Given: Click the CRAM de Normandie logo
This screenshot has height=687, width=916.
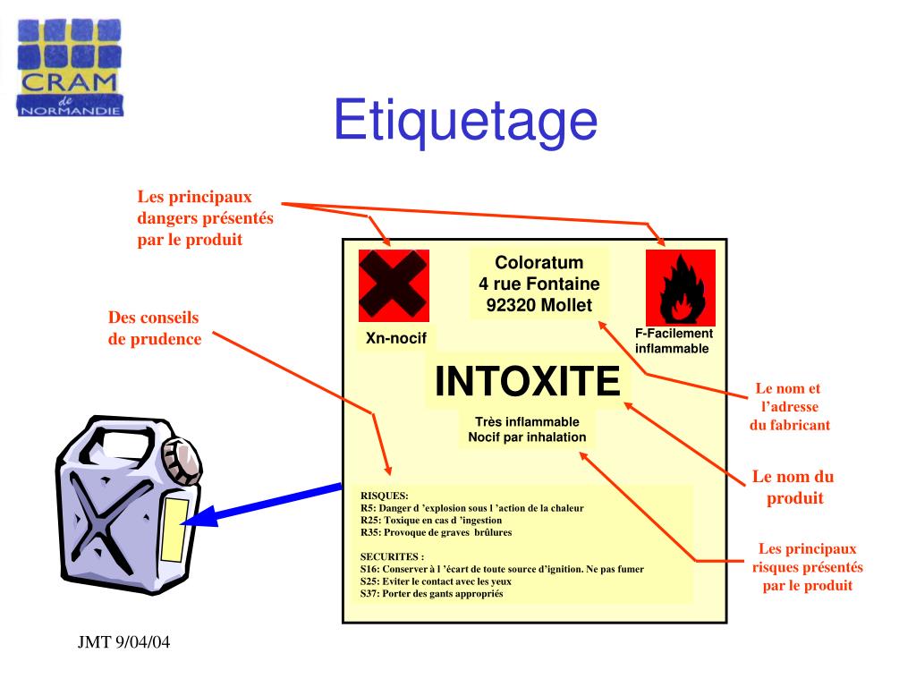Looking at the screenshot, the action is click(x=70, y=67).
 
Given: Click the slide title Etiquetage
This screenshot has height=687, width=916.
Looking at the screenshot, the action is click(x=465, y=121).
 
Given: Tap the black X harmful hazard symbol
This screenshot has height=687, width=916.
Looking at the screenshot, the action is click(x=394, y=285).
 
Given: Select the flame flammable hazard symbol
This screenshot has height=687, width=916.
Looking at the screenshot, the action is click(x=681, y=287).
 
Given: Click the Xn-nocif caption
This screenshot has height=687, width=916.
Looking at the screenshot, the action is click(x=396, y=338).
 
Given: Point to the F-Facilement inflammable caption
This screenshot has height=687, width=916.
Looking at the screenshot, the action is click(x=674, y=341).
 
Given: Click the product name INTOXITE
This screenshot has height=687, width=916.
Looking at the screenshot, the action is click(x=527, y=381).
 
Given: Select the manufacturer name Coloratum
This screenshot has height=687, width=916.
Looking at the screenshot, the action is click(x=539, y=262).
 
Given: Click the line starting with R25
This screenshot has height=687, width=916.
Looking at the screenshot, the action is click(x=431, y=520).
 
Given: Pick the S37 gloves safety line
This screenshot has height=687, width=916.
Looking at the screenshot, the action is click(x=432, y=594).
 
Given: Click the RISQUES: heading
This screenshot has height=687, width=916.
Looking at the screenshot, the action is click(x=385, y=496).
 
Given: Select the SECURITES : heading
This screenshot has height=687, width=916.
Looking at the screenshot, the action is click(x=392, y=556).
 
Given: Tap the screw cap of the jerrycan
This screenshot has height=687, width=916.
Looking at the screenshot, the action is click(x=182, y=461).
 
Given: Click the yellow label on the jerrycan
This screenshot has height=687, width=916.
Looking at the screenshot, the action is click(x=174, y=530).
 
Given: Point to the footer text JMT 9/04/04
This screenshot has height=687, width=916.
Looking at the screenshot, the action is click(x=123, y=642).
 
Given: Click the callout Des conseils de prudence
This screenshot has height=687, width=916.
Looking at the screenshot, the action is click(x=155, y=328).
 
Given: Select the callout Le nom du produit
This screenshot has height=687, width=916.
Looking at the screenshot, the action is click(x=793, y=488).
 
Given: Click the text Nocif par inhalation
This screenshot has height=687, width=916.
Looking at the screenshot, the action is click(x=527, y=437).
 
